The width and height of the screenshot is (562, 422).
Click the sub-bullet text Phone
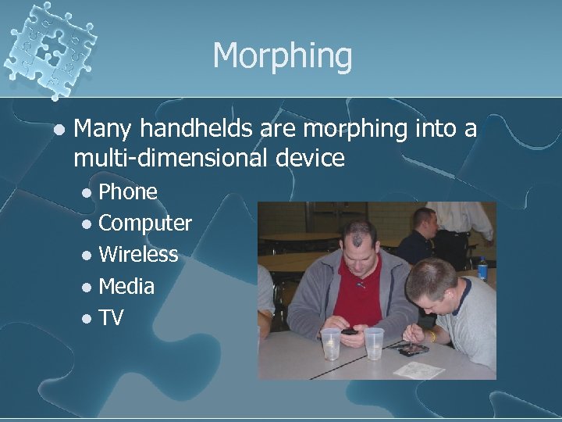coord(129,191)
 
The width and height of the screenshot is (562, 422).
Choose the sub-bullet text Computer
coord(145,224)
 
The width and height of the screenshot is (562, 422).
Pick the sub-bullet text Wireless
coord(139,255)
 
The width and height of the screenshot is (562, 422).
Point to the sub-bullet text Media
coord(127,287)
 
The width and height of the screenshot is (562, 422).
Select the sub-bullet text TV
coord(112,318)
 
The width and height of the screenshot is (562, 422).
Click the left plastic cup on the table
coord(331,343)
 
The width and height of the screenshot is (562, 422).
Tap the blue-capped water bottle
coord(482,269)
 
